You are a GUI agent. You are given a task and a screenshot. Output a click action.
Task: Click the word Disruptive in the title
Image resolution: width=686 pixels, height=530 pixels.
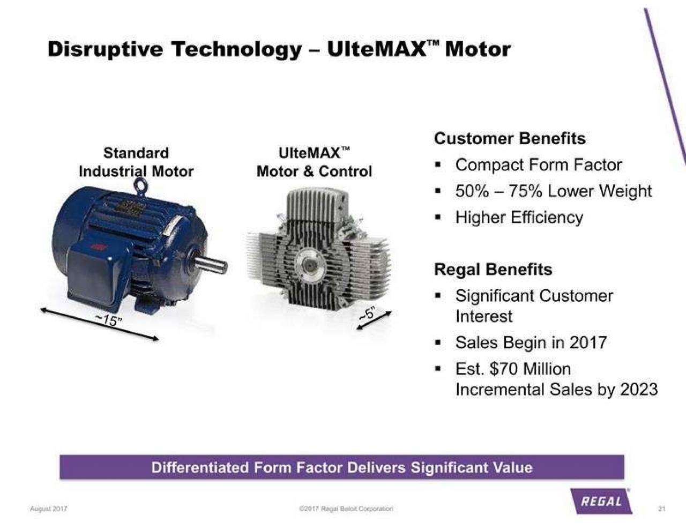tap(105, 49)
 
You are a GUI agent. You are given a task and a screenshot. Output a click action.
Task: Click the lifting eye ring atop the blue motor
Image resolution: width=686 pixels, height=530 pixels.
tap(140, 183)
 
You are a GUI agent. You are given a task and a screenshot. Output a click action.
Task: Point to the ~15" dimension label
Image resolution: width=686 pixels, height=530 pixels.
tap(108, 320)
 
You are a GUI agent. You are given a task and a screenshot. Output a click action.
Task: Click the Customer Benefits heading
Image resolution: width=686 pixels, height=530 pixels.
tap(510, 138)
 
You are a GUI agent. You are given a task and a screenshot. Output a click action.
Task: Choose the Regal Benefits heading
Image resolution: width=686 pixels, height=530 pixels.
tap(493, 269)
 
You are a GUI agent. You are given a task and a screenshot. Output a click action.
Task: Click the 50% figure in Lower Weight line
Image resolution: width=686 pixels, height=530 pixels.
tap(472, 191)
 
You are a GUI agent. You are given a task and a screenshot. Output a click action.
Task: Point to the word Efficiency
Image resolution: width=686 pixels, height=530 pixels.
tap(547, 218)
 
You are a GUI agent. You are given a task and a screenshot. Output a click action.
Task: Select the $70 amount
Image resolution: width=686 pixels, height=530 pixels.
tap(504, 369)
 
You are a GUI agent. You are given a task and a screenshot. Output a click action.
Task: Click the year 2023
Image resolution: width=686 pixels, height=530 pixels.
tap(639, 389)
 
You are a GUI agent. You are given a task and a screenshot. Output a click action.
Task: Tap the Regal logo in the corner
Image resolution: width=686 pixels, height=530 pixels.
tap(601, 502)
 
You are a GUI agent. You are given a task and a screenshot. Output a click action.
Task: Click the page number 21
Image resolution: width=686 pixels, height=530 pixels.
tap(661, 509)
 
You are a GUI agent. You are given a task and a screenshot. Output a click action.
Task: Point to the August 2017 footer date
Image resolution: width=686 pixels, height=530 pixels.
tap(48, 509)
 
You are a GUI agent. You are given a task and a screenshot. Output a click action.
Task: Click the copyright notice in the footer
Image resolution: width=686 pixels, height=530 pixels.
tap(346, 509)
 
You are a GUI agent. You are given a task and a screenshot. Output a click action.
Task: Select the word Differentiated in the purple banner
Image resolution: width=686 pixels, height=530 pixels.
tap(200, 467)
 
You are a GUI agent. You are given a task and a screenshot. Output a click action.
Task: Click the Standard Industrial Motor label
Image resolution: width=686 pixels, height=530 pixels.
tap(136, 162)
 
